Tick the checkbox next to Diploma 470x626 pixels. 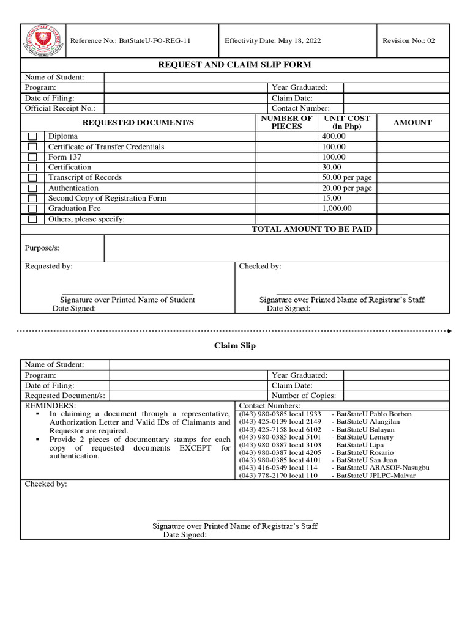point(33,137)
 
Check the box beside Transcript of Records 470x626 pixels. point(33,178)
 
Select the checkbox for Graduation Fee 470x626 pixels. point(33,209)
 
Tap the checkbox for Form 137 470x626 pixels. point(33,158)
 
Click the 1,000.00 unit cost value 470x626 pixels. point(337,208)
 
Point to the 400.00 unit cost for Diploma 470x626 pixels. point(334,136)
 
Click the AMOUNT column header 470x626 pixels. point(412,122)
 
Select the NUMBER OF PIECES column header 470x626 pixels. point(286,122)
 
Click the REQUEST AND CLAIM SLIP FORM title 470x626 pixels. point(235,65)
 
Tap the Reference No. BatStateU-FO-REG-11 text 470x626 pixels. point(131,41)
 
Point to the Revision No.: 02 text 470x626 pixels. point(409,41)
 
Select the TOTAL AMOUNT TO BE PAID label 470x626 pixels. point(312,229)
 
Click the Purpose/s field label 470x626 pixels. point(42,248)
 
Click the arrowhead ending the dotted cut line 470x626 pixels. point(450,331)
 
